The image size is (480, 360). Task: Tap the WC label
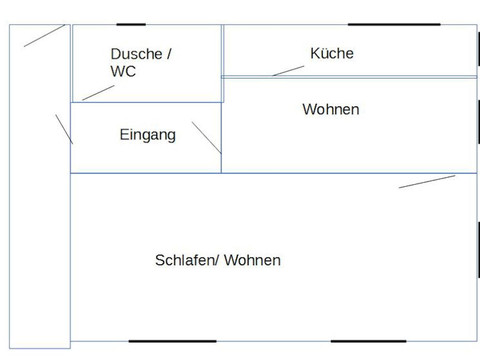pyautogui.click(x=123, y=72)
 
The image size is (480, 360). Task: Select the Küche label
pyautogui.click(x=332, y=53)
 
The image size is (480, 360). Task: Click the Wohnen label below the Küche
pyautogui.click(x=330, y=108)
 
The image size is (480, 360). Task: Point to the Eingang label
pyautogui.click(x=147, y=134)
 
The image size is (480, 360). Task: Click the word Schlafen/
pyautogui.click(x=187, y=260)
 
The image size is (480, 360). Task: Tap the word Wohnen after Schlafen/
pyautogui.click(x=252, y=260)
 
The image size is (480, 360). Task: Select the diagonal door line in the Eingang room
pyautogui.click(x=206, y=137)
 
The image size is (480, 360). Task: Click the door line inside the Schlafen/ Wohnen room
pyautogui.click(x=427, y=181)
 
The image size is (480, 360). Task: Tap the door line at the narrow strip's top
pyautogui.click(x=45, y=35)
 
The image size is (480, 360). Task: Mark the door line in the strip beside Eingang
pyautogui.click(x=64, y=129)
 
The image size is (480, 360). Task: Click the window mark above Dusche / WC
pyautogui.click(x=131, y=24)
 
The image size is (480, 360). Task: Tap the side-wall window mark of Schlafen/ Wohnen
pyautogui.click(x=479, y=250)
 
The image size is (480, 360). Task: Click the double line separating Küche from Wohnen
pyautogui.click(x=350, y=76)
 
